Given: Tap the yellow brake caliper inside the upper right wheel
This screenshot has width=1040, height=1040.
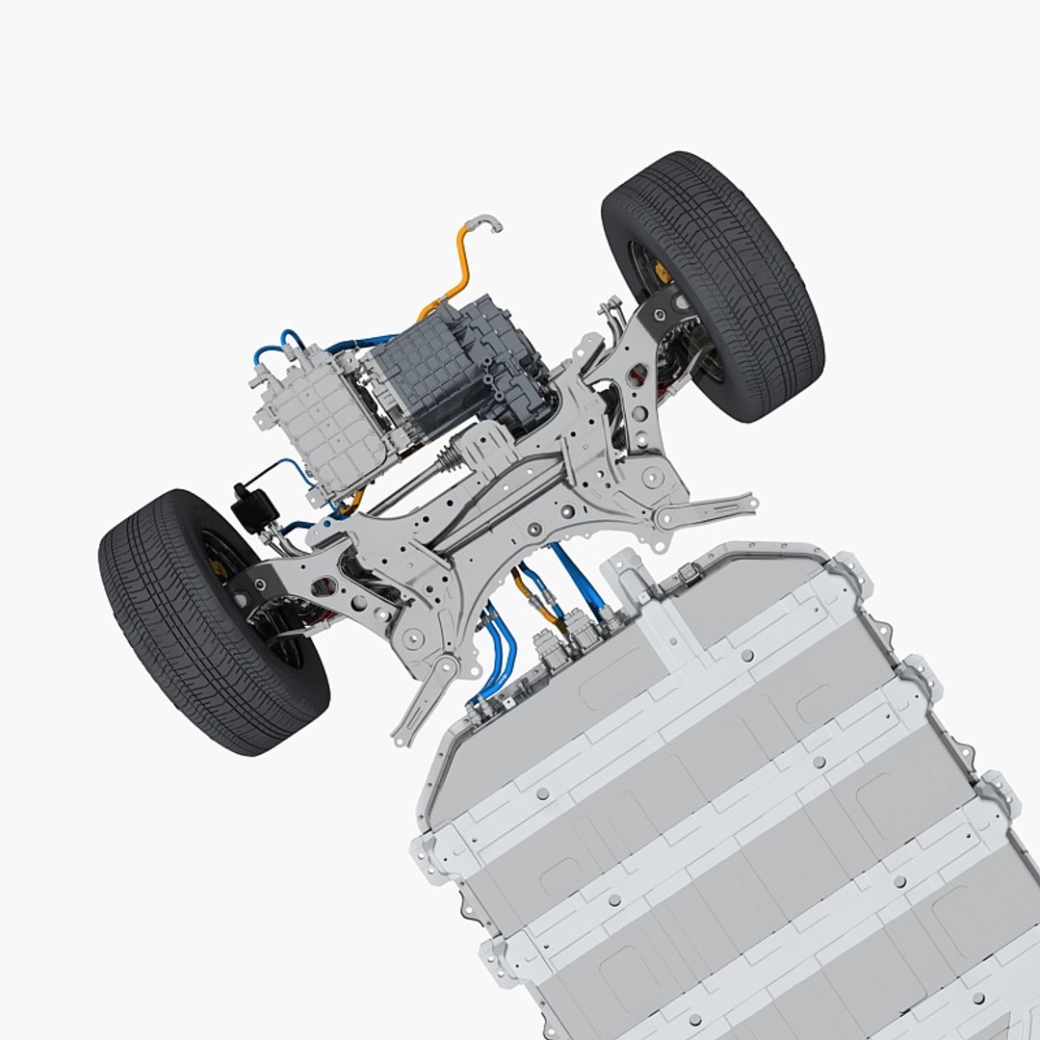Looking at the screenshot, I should (662, 273).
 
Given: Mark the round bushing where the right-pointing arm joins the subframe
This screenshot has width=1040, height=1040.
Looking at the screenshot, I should (652, 476).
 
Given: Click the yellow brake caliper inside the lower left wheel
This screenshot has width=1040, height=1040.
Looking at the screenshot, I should (219, 570).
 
